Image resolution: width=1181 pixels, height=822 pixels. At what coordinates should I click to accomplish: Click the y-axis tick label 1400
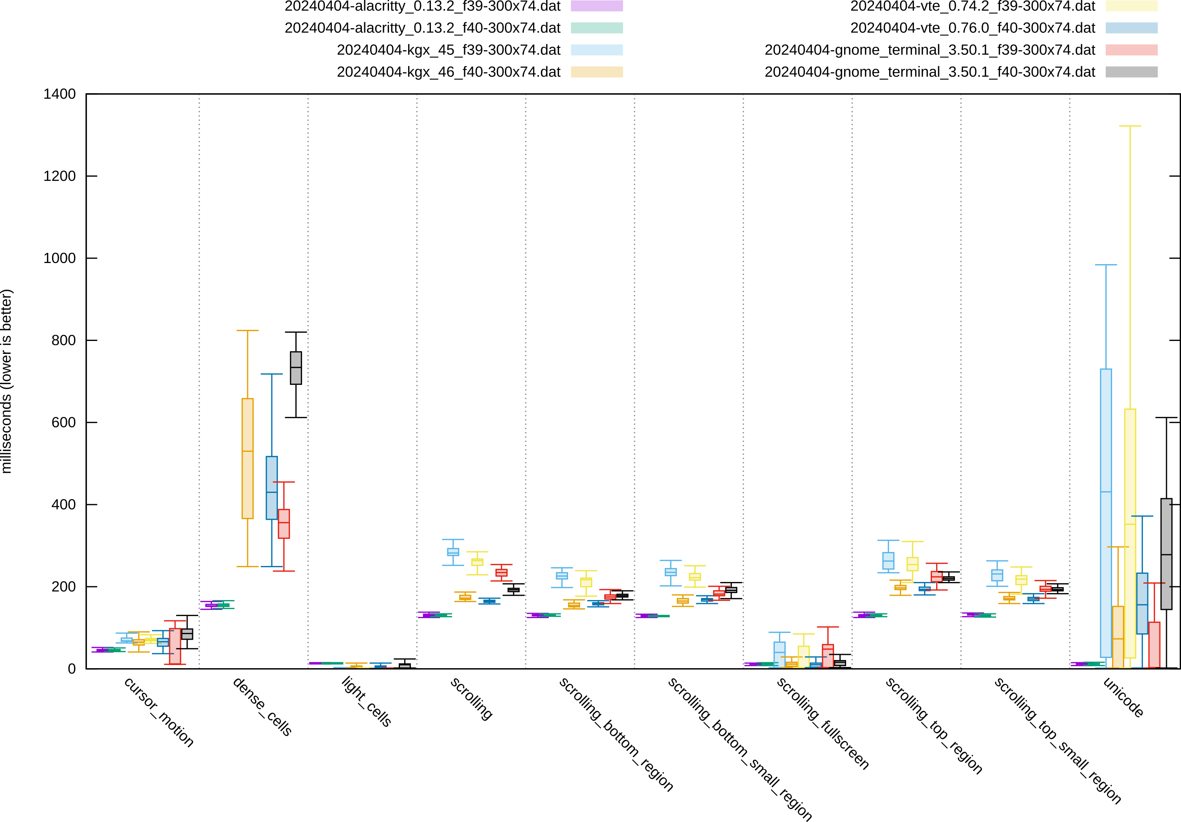[x=59, y=94]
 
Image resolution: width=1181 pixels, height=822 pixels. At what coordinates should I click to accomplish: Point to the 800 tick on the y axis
[x=63, y=340]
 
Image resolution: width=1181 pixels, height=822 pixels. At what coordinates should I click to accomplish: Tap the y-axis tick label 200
[x=63, y=586]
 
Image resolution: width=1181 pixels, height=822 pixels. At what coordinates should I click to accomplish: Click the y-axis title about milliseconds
[x=7, y=381]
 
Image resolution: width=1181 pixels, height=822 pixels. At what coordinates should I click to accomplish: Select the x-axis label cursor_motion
[x=158, y=712]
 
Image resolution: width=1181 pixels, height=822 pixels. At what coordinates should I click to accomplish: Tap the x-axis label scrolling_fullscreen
[x=822, y=723]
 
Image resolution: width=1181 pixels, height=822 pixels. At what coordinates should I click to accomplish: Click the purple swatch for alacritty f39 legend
[x=597, y=6]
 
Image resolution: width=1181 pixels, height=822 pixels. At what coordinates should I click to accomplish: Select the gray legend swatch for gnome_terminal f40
[x=1132, y=72]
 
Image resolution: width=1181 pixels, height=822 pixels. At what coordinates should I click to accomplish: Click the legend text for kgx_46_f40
[x=449, y=72]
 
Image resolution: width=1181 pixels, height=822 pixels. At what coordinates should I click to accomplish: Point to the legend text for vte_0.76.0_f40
[x=973, y=28]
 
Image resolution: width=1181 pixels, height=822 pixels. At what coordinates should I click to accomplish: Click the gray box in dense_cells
[x=296, y=368]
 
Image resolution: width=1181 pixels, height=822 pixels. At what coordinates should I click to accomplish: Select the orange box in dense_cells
[x=248, y=458]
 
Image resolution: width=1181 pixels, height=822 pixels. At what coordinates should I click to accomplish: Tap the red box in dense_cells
[x=284, y=524]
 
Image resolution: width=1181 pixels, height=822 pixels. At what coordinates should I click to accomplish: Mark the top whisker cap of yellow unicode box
[x=1130, y=126]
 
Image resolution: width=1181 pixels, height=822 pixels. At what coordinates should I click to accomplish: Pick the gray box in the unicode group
[x=1166, y=553]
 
